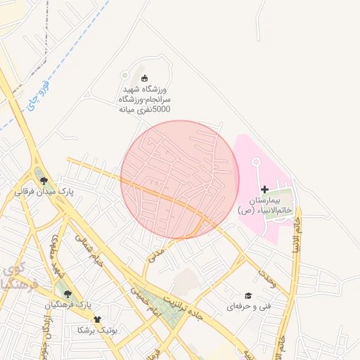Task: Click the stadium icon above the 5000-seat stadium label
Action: coord(146,78)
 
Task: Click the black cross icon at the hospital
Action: coord(264,189)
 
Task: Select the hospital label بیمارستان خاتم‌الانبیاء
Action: coord(264,205)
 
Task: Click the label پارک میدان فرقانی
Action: coord(44,191)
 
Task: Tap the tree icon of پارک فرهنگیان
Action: coord(67,294)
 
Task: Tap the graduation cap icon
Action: coord(247,296)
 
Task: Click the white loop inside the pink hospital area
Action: coord(256,162)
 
